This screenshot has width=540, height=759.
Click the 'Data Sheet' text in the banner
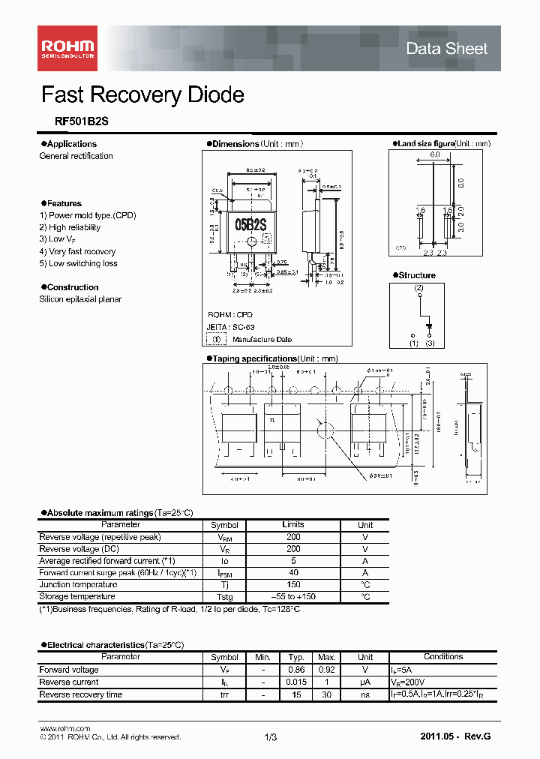(446, 49)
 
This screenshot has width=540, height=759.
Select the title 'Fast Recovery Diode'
(142, 95)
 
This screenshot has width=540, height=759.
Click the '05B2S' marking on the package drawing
(252, 223)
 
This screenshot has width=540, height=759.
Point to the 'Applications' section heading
(71, 144)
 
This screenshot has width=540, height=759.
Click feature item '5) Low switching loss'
(78, 264)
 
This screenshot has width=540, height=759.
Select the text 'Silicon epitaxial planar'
(80, 299)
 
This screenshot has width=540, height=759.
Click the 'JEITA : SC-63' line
(232, 327)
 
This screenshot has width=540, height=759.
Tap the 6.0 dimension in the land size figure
(435, 154)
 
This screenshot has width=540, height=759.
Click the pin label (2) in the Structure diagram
(418, 288)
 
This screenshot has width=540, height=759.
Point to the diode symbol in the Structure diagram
(430, 325)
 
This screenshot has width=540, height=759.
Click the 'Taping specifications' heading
(254, 359)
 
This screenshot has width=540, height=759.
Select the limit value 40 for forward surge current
(293, 573)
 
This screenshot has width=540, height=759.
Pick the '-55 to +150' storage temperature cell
(293, 597)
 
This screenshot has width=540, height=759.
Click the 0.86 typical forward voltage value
(296, 670)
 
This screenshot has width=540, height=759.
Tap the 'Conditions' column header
(443, 657)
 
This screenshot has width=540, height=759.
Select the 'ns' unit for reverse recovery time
(365, 694)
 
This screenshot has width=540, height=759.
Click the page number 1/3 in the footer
(271, 738)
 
